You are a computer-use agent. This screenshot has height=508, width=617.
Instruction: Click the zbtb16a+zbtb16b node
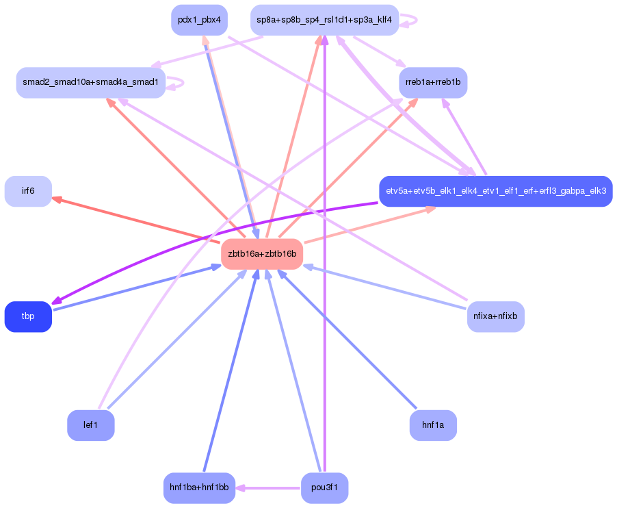262,254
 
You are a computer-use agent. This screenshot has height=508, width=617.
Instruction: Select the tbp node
28,316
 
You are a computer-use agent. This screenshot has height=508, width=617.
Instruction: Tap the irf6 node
28,191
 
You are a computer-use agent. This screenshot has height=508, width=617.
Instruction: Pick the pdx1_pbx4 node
198,20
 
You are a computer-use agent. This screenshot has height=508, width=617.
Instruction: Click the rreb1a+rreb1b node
433,83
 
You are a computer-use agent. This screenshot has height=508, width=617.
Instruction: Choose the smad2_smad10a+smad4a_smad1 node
90,83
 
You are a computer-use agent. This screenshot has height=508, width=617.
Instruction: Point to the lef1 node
90,425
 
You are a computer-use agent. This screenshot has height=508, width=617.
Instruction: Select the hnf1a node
433,425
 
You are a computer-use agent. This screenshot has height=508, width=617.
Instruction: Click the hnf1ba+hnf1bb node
199,488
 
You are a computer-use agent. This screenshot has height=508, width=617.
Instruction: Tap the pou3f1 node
324,488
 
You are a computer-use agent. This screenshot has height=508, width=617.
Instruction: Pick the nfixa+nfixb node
496,316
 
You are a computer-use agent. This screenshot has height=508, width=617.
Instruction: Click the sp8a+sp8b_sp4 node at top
324,20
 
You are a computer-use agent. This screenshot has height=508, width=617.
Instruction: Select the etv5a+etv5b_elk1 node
496,191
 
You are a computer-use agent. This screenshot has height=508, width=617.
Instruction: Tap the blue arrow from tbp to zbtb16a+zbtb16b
137,288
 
